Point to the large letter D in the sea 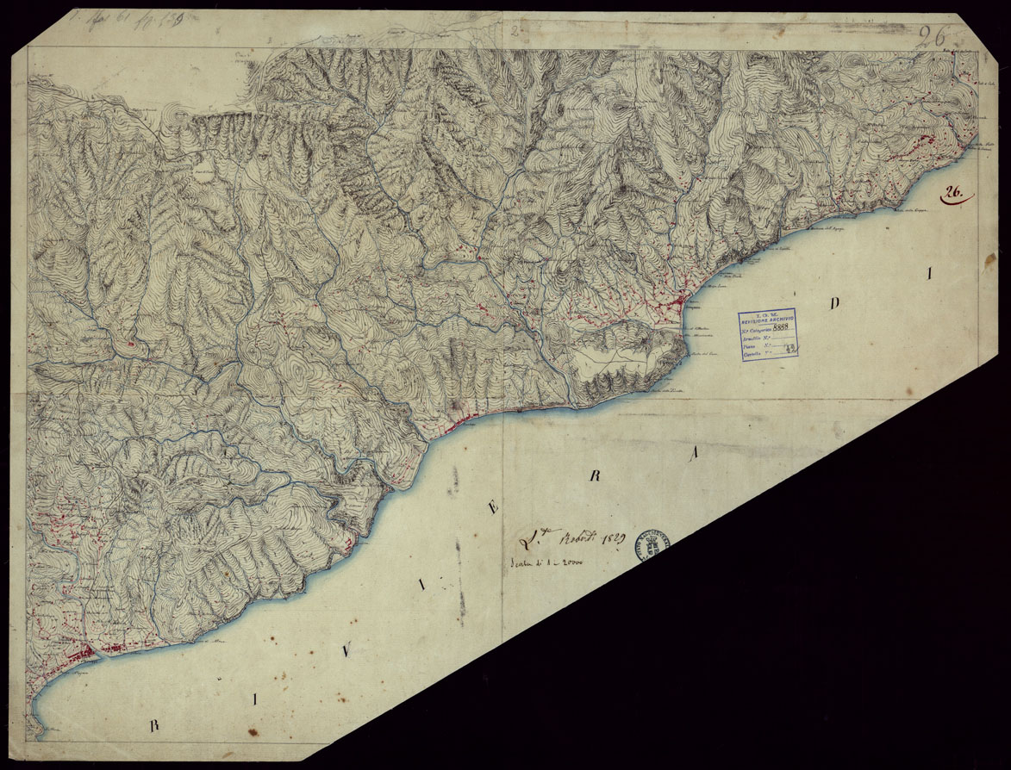click(x=833, y=303)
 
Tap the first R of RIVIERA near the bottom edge click(x=155, y=725)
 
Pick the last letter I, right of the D click(x=929, y=275)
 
